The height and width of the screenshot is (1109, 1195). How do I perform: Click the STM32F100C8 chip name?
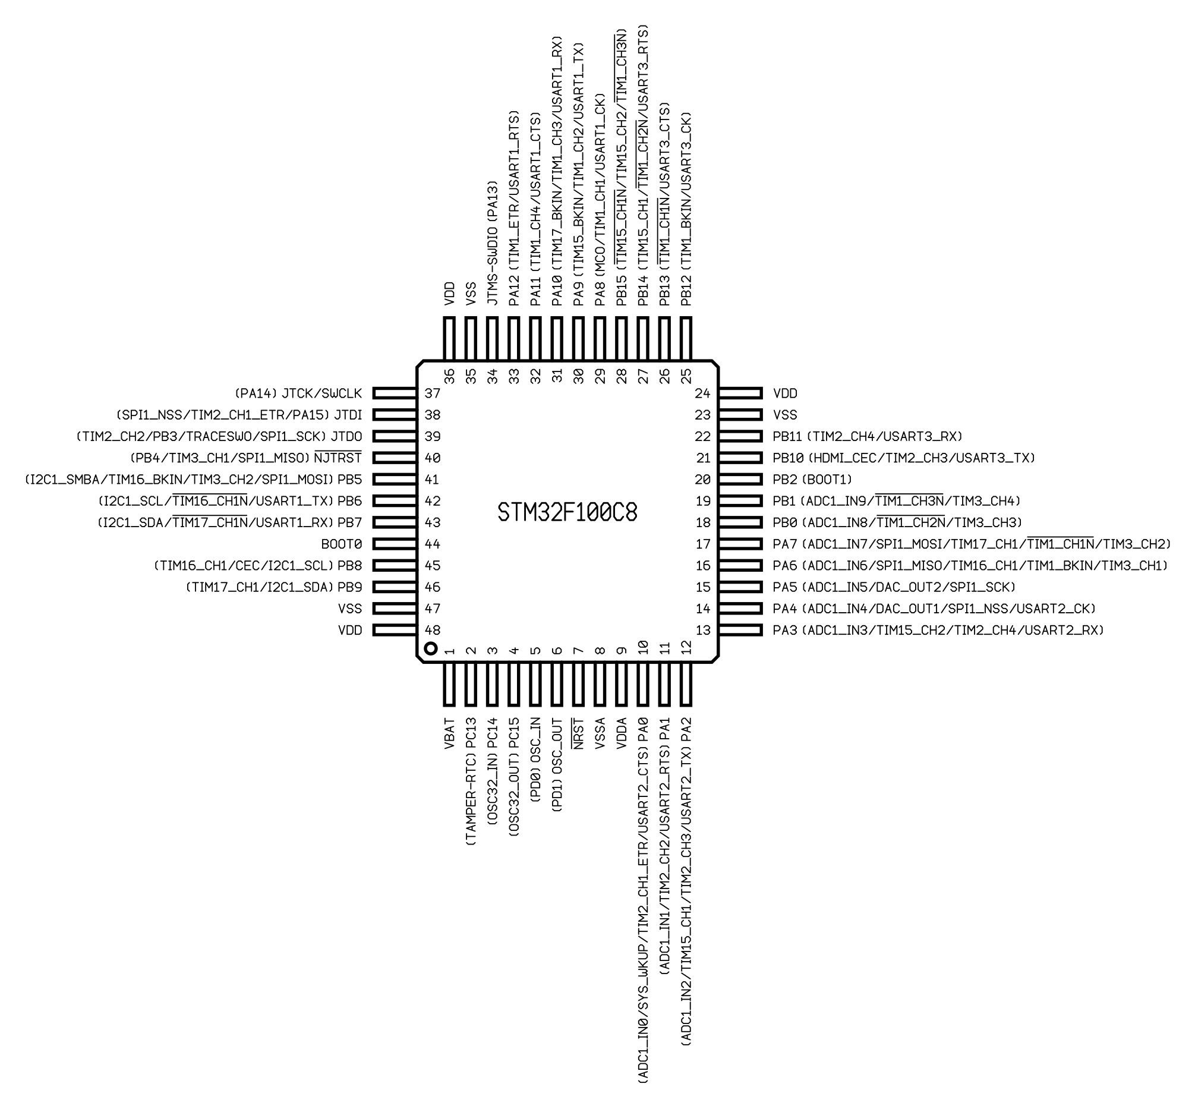(x=567, y=512)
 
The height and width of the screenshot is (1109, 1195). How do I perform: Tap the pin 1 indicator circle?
(x=430, y=649)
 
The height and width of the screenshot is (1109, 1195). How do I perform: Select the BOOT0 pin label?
(x=342, y=544)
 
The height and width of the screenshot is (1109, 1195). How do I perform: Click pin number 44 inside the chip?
(x=433, y=544)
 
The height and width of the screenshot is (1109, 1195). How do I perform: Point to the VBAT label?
(x=449, y=733)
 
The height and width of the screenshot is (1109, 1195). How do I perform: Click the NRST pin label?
(x=578, y=733)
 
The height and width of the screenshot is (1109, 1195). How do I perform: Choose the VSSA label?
(x=600, y=733)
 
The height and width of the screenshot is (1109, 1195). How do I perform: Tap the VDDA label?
(x=622, y=733)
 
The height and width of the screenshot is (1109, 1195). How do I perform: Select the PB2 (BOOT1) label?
(x=812, y=480)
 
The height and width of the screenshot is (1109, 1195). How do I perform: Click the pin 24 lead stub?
(x=740, y=393)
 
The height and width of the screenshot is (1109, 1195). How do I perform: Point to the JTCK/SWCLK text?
(x=322, y=393)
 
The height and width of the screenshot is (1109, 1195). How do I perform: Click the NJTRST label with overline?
(x=338, y=458)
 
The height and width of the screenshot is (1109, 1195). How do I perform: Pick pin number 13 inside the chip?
(x=702, y=630)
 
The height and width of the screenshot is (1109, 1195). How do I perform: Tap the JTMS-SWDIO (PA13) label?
(x=493, y=242)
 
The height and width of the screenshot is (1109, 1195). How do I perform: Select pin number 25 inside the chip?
(x=686, y=376)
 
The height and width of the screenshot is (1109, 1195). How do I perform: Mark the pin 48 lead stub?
(x=395, y=630)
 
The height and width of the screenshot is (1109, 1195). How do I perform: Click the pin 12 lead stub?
(x=686, y=684)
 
